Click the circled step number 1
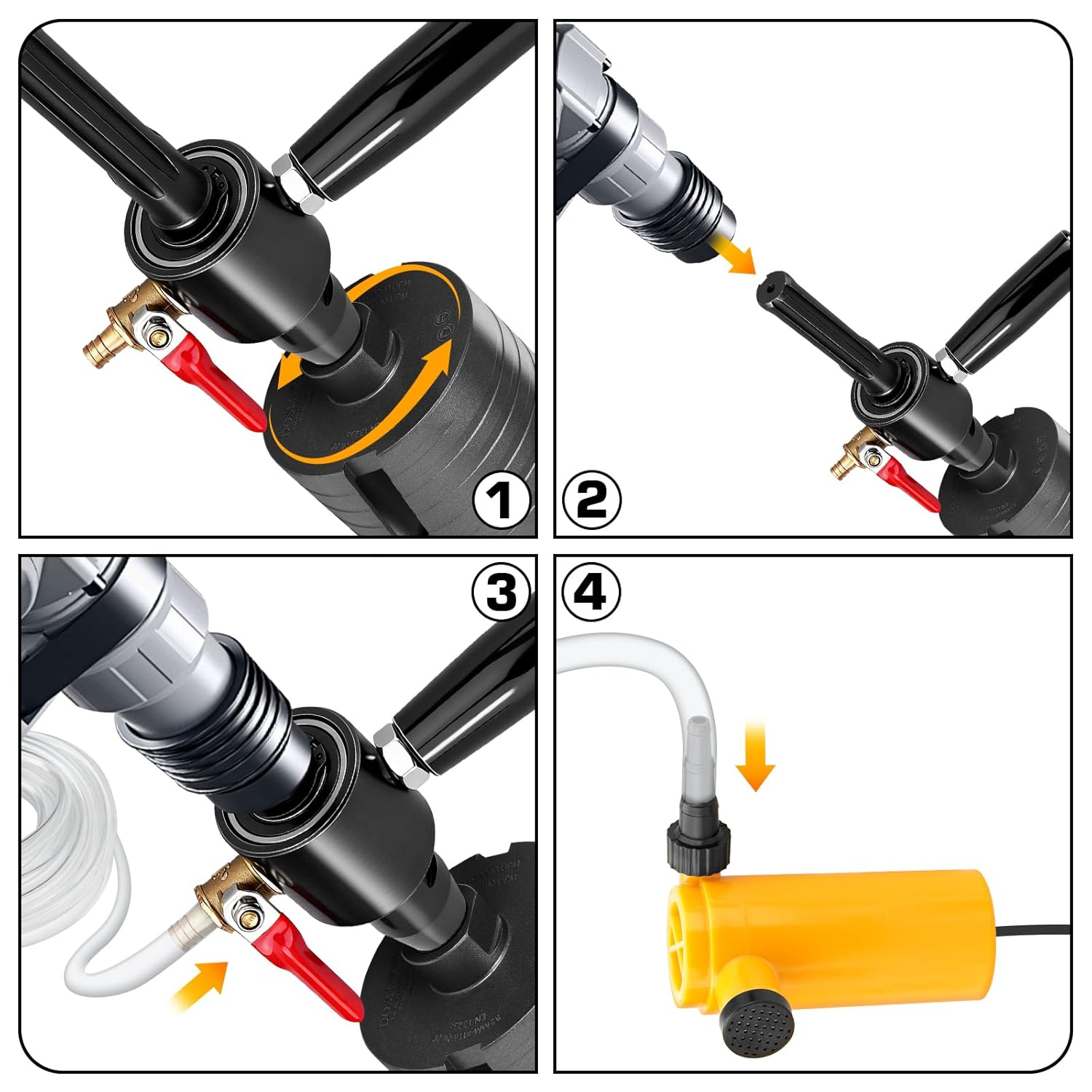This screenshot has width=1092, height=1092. pyautogui.click(x=501, y=501)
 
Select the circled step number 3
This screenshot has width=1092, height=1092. pyautogui.click(x=501, y=591)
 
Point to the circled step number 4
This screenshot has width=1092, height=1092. pyautogui.click(x=591, y=591)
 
